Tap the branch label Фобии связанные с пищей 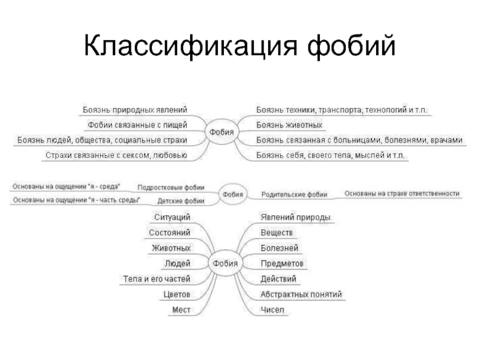point(137,125)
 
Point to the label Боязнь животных point(290,125)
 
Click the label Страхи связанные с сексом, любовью point(116,155)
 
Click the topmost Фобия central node point(222,132)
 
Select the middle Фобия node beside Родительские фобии point(233,194)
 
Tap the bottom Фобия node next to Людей point(224,263)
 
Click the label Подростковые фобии point(171,187)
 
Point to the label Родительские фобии point(294,194)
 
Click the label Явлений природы point(295,217)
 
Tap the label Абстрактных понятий point(301,295)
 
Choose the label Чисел point(272,310)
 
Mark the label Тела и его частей point(157,279)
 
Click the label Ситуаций point(172,217)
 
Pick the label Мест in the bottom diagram point(181,310)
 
